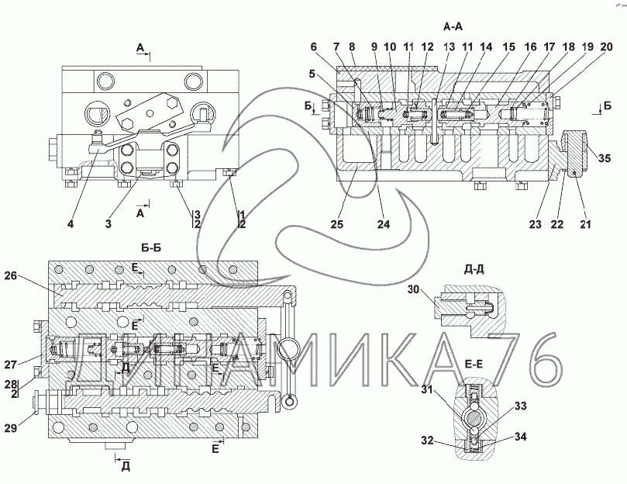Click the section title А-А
tap(453, 27)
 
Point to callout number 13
tap(449, 47)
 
